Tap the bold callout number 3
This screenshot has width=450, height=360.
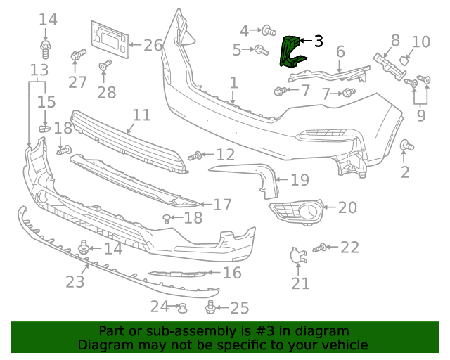(319, 41)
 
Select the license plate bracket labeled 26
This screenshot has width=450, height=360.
(110, 39)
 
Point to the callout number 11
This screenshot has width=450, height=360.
(142, 115)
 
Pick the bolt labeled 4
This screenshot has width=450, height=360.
(269, 30)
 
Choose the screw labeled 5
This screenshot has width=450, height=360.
(262, 50)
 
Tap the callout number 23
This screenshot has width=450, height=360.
(75, 282)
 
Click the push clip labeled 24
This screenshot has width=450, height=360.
(182, 308)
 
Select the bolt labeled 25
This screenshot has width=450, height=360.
(210, 307)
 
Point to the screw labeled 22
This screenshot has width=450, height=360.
(319, 247)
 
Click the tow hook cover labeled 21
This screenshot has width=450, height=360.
(298, 255)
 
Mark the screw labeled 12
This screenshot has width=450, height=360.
(195, 156)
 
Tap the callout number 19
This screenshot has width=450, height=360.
(300, 180)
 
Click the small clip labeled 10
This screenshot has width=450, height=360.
(404, 61)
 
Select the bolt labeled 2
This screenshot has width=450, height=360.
(407, 146)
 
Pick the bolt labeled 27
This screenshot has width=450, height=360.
(78, 55)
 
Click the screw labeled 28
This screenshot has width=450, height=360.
(105, 65)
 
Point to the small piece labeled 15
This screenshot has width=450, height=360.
(44, 129)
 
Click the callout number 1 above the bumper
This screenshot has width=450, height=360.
(234, 83)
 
